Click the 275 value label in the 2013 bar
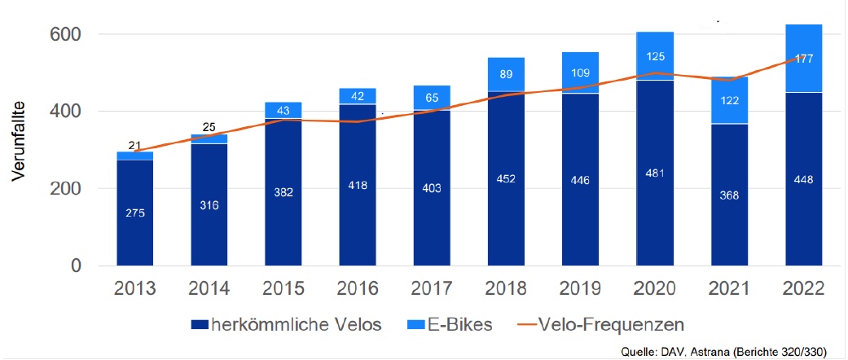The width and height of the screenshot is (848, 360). click(135, 213)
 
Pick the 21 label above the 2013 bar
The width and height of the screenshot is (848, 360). click(135, 143)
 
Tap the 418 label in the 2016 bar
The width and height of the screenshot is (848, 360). click(358, 186)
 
